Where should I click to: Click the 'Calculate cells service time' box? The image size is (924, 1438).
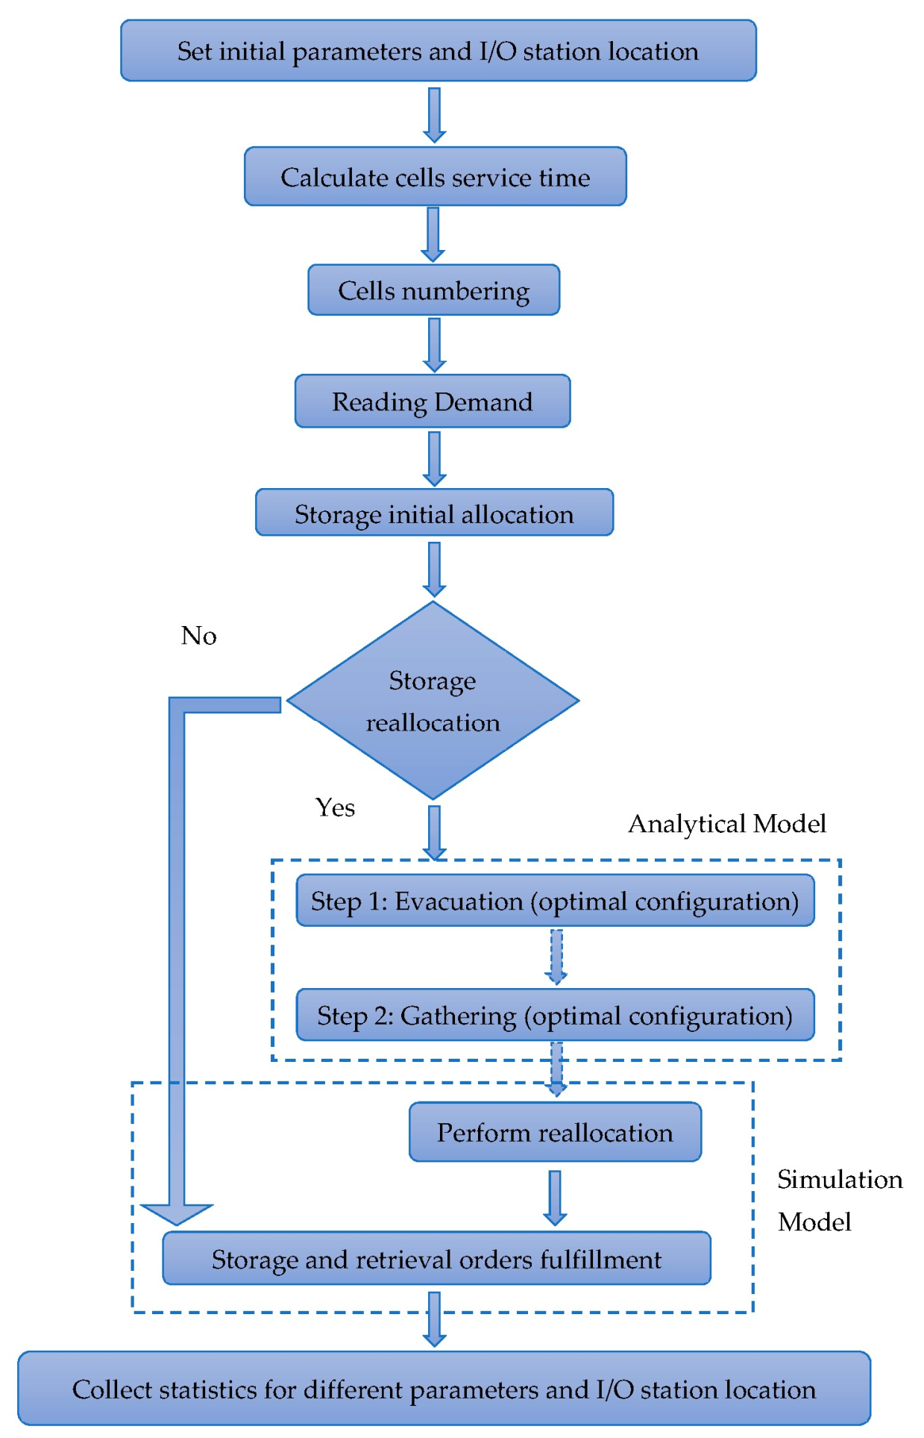[x=435, y=177]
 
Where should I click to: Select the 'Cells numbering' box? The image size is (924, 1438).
[x=433, y=290]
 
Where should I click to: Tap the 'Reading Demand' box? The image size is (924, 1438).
[x=432, y=401]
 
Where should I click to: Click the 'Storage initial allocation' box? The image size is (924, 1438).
[x=434, y=513]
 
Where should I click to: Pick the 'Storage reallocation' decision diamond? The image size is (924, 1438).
[x=433, y=701]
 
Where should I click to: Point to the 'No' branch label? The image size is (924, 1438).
[x=198, y=636]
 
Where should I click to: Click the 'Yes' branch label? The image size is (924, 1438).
[x=335, y=807]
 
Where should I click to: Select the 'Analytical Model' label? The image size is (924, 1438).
[x=726, y=824]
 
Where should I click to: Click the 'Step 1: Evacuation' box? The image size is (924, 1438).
[x=554, y=901]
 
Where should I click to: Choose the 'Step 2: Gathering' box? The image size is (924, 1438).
[x=554, y=1015]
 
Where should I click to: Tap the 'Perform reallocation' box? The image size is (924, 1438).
[x=554, y=1132]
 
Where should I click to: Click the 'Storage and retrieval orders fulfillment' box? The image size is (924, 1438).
[x=436, y=1259]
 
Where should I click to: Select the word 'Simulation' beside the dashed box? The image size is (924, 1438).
[x=839, y=1179]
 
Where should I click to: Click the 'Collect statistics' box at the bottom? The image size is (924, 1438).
[x=444, y=1389]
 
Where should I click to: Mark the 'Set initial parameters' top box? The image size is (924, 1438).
[x=438, y=51]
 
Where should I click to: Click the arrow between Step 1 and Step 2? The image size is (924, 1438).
[x=556, y=957]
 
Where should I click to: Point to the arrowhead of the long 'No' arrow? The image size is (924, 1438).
[x=177, y=1213]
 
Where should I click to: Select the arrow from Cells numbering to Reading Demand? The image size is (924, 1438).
[x=434, y=345]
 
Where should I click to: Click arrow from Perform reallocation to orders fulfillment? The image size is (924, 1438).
[x=554, y=1197]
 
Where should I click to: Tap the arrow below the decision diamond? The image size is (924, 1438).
[x=434, y=832]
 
